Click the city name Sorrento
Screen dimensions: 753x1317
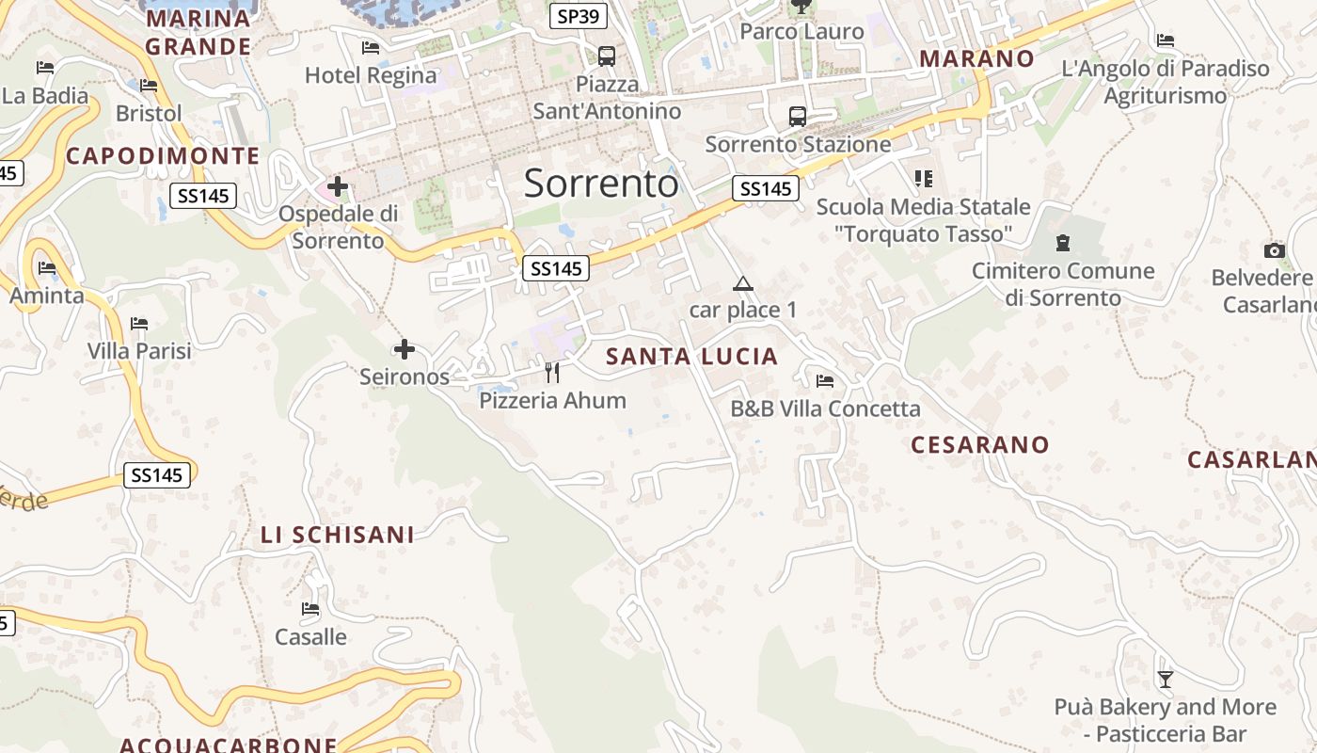(x=600, y=183)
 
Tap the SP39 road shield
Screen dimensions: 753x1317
(x=579, y=16)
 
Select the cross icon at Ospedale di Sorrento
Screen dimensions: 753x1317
(x=337, y=186)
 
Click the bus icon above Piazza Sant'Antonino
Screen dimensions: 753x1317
(x=607, y=56)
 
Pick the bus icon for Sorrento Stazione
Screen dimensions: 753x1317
(x=798, y=117)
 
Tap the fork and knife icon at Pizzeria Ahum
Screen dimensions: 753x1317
(x=552, y=373)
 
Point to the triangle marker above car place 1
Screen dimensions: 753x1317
(x=743, y=283)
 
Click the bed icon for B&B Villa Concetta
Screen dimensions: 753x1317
(x=825, y=381)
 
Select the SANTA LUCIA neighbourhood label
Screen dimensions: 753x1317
(x=692, y=357)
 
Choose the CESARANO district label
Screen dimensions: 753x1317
(x=979, y=444)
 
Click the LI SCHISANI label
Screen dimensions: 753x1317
(x=337, y=535)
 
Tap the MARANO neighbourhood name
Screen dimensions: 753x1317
(x=976, y=58)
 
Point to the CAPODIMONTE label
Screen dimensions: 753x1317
(x=163, y=156)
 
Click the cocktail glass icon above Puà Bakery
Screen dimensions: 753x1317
(x=1166, y=679)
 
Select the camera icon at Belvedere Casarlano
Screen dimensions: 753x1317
(x=1275, y=250)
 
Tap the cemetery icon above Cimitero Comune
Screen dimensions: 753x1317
(x=1063, y=243)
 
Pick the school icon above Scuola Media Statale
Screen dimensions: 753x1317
(x=924, y=179)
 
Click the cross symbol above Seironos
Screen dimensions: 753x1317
(x=405, y=350)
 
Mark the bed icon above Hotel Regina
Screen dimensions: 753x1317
(x=371, y=48)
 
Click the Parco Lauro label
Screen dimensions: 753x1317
(x=801, y=31)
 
